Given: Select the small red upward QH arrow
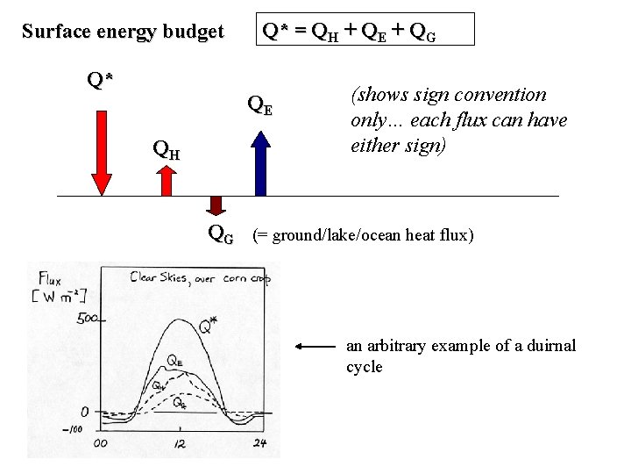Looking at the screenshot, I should pos(167,180).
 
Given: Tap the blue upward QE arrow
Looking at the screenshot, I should pos(260,162).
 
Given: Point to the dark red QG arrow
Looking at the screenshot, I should pos(215,206).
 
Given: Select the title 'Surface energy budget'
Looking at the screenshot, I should pos(123,32).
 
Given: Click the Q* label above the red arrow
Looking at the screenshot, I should pos(100,80).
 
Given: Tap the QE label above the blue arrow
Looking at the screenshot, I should pos(260,104).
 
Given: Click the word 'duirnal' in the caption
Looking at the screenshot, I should pos(549,346).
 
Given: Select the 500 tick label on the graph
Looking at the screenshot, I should pos(88,319).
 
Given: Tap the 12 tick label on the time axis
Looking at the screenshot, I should pos(181,443).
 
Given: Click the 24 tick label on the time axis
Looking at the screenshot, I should pos(260,443).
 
